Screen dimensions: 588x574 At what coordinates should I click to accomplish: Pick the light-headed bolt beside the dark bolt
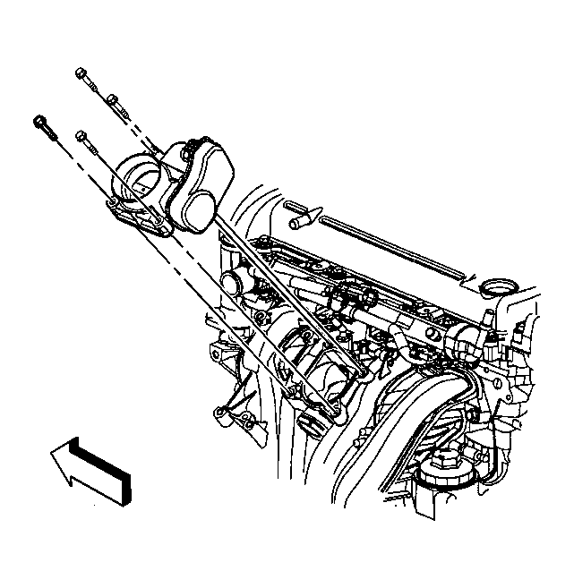click(83, 137)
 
